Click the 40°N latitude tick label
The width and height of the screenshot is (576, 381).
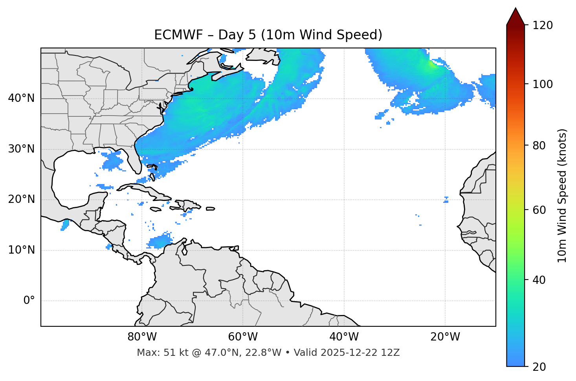(x=21, y=98)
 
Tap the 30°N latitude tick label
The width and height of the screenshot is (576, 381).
(x=21, y=149)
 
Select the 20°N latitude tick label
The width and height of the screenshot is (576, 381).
(x=21, y=199)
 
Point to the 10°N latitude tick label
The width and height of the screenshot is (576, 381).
(x=21, y=250)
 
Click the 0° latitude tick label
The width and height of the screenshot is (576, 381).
(x=29, y=301)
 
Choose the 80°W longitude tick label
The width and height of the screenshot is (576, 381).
(x=142, y=337)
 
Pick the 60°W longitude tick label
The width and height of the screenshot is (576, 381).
(x=243, y=337)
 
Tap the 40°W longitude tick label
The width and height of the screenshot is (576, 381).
(x=344, y=337)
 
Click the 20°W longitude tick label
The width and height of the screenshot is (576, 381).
(x=445, y=337)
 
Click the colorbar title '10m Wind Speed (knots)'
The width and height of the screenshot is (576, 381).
(x=562, y=196)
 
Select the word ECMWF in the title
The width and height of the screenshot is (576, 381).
(x=178, y=35)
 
